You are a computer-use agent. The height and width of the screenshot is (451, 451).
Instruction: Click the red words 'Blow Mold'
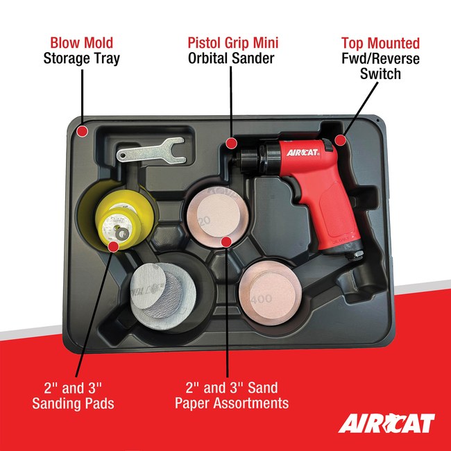click(81, 42)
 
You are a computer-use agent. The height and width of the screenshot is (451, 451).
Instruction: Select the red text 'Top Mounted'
click(380, 42)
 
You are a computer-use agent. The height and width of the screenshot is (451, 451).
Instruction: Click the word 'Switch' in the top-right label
click(380, 73)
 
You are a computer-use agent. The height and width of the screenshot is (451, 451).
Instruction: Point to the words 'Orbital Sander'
click(231, 58)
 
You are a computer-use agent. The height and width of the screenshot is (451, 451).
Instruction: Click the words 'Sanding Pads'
click(74, 403)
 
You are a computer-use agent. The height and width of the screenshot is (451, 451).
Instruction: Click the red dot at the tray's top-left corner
click(82, 130)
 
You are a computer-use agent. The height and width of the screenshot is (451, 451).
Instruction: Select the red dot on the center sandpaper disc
click(226, 241)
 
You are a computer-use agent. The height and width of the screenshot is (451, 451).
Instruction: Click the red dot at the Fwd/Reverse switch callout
click(340, 139)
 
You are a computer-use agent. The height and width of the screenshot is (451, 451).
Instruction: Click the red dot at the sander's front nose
click(230, 144)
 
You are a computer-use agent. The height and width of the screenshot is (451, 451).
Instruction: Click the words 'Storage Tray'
click(81, 58)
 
